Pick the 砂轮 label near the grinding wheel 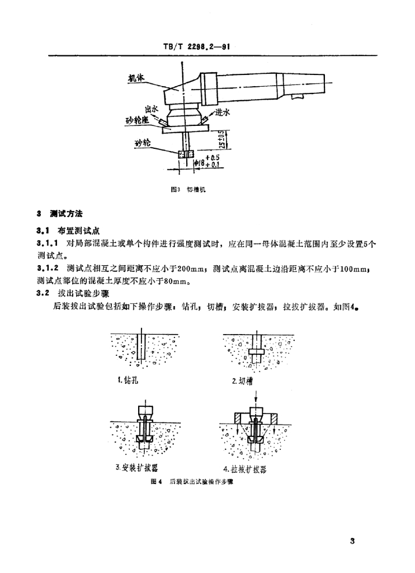coord(143,143)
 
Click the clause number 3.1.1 coord(48,244)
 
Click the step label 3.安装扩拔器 coord(135,467)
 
